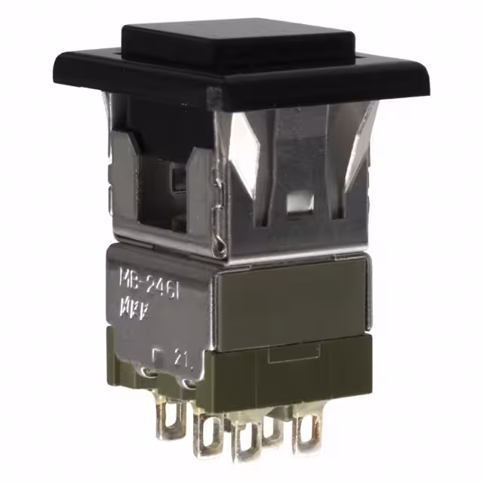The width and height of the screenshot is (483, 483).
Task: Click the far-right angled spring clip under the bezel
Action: coord(358,143)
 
